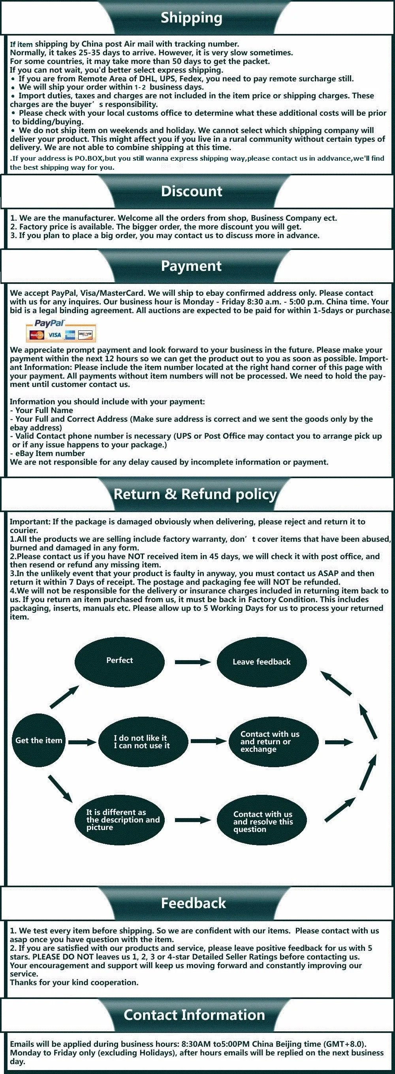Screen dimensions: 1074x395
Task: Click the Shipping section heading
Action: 192,17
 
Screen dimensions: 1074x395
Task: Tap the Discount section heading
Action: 192,192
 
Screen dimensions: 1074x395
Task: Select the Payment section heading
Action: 192,266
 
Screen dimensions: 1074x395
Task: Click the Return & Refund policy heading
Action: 195,494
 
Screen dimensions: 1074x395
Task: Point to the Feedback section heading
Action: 194,903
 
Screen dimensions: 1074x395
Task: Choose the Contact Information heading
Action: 194,1014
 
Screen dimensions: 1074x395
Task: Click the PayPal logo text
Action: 50,323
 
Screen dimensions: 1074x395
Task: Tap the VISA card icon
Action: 54,335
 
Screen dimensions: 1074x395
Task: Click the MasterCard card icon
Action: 37,335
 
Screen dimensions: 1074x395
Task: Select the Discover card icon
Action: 85,334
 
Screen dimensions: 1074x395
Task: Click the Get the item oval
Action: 39,740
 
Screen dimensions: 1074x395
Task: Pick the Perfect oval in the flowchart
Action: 119,661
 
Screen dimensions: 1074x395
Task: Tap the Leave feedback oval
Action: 261,662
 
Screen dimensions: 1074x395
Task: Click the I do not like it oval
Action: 142,742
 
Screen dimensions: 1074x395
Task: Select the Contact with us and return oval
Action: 273,741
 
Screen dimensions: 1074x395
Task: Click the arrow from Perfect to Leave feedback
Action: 192,662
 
